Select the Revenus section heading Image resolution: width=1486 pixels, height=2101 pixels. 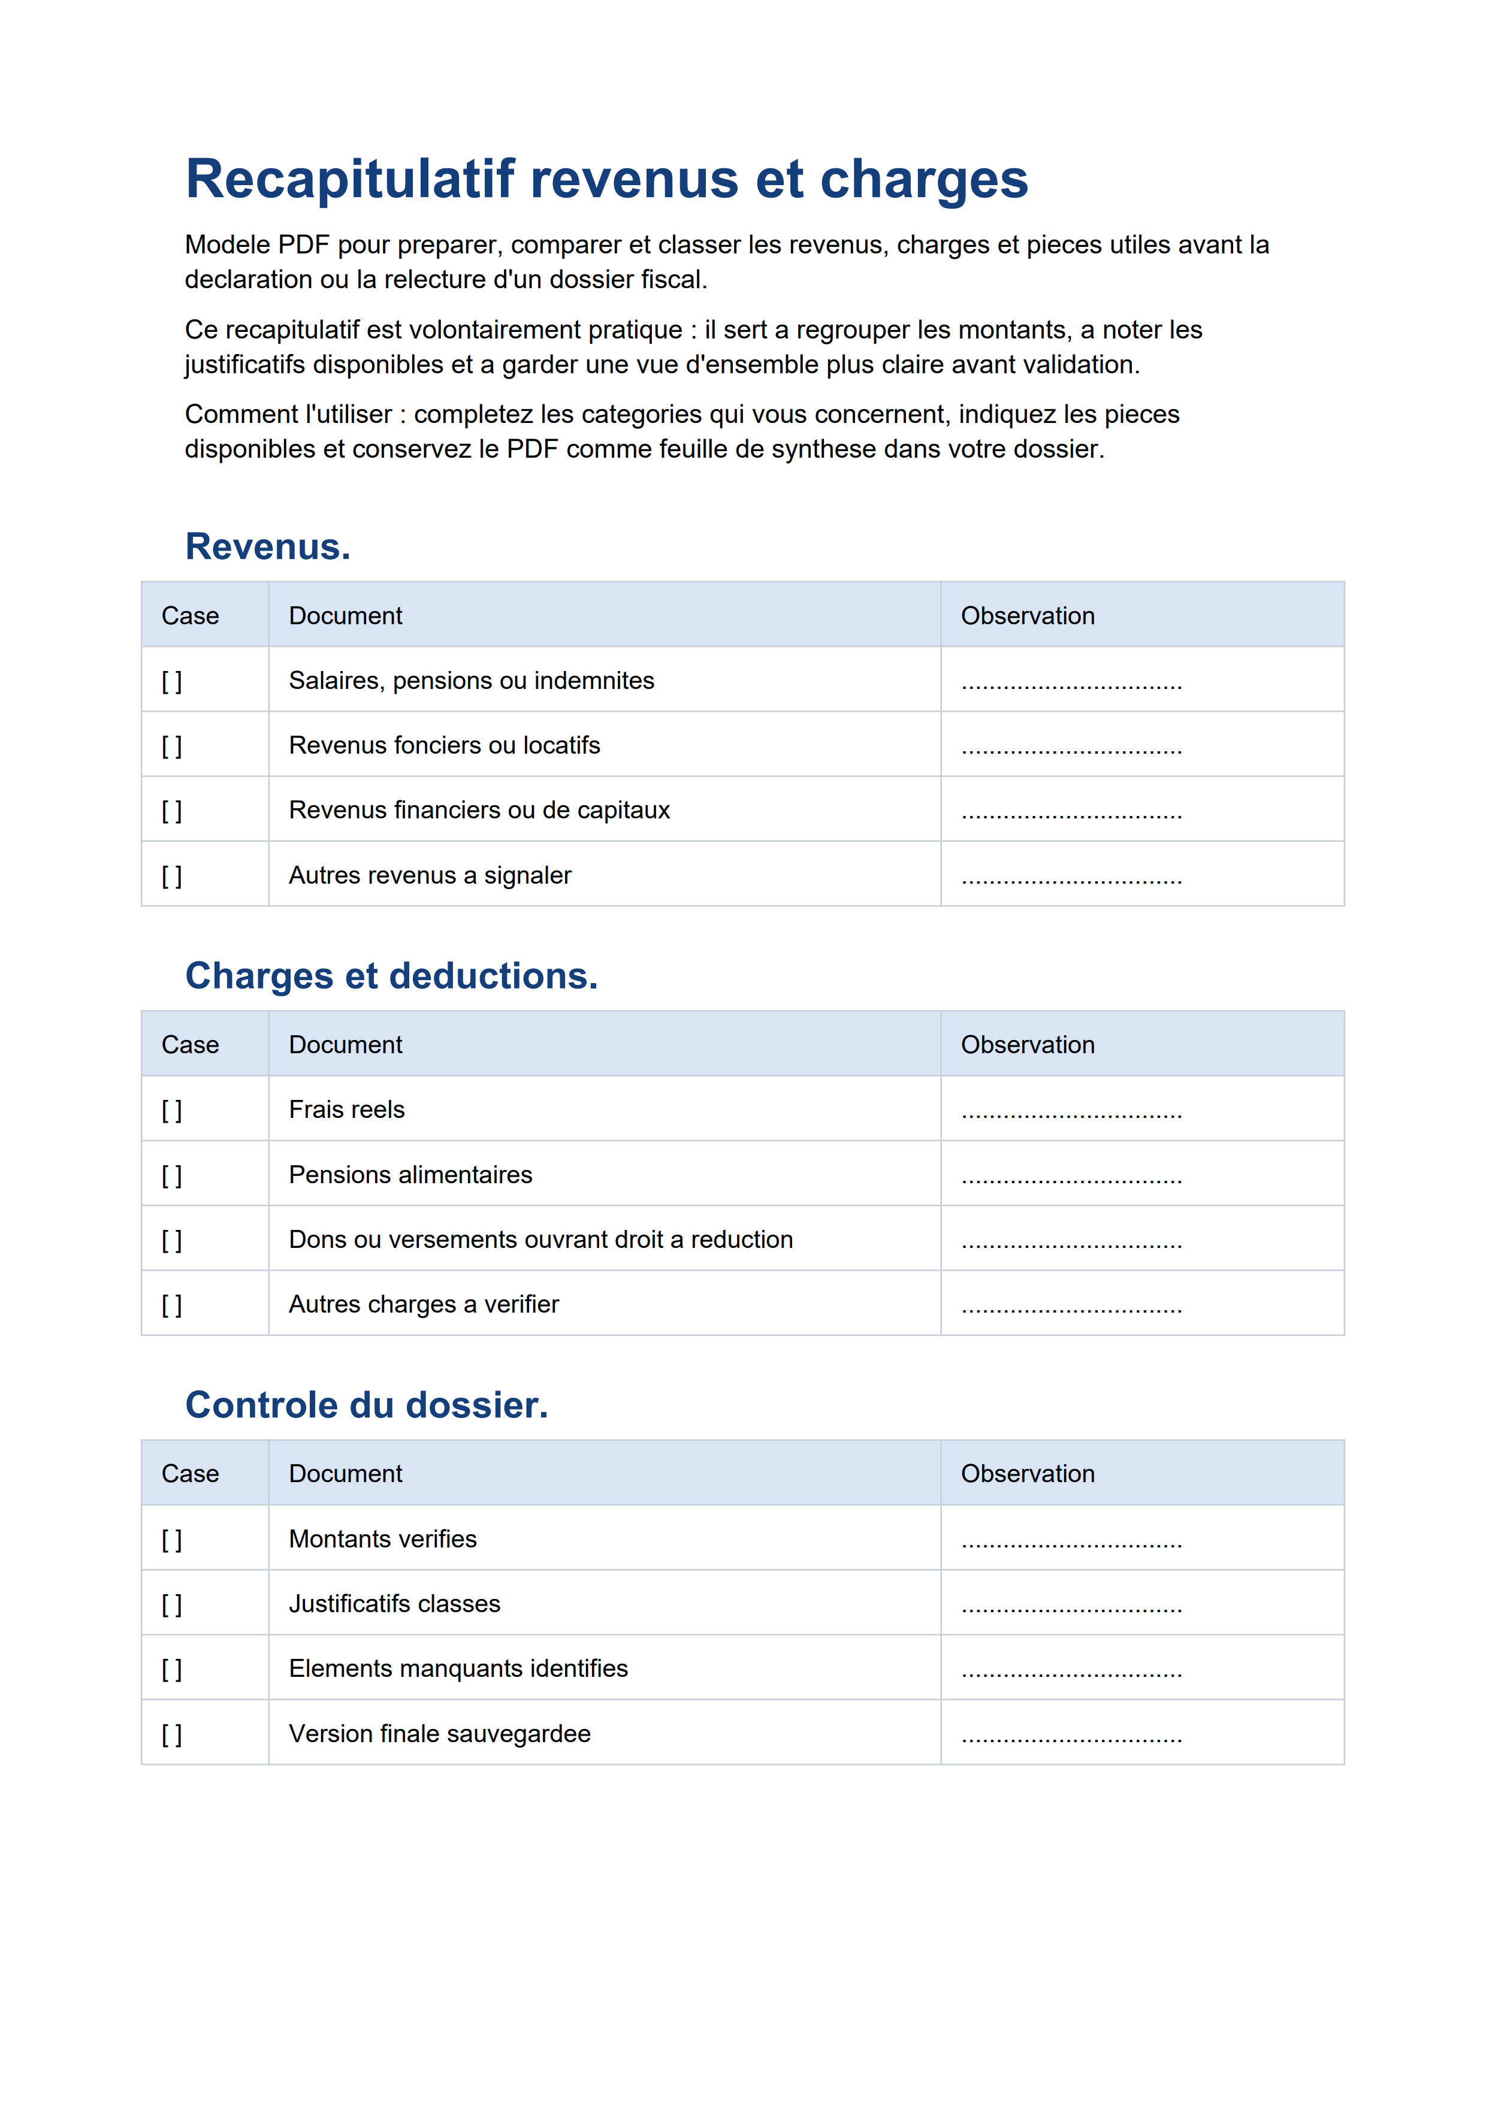coord(267,546)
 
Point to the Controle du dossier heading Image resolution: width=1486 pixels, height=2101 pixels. coord(366,1405)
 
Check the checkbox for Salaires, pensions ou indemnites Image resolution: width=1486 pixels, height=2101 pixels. coord(172,682)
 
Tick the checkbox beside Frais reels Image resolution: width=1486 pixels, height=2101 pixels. coord(172,1111)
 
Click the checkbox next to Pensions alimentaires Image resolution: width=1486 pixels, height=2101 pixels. coord(172,1176)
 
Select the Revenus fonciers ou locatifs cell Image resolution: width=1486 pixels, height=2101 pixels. coord(444,746)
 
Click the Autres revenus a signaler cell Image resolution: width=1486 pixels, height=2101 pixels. coord(430,876)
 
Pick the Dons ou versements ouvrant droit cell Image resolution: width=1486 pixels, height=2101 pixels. coord(540,1240)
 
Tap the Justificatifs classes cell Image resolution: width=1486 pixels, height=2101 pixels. coord(394,1604)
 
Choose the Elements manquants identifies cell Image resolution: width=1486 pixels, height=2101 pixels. coord(458,1669)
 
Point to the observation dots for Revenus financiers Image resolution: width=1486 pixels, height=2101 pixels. coord(1071,814)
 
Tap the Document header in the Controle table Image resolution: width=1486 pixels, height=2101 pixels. coord(345,1474)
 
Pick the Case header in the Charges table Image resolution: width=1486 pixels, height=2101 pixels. coord(191,1045)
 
